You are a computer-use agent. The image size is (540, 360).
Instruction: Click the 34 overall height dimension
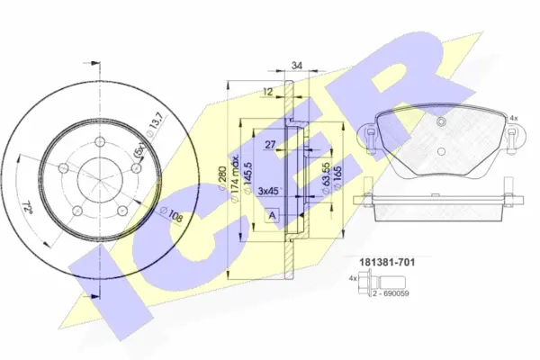pos(298,66)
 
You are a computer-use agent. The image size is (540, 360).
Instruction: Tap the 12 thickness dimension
pos(268,91)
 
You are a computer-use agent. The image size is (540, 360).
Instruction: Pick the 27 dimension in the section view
pos(269,143)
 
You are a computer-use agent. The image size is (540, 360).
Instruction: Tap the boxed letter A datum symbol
pos(271,215)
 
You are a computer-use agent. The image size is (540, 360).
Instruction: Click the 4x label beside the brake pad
pos(514,118)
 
